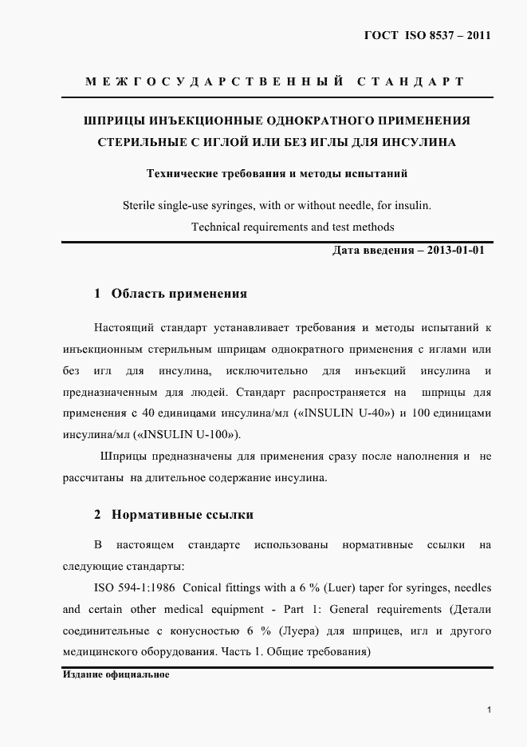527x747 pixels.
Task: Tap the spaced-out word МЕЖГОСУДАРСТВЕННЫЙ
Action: point(214,81)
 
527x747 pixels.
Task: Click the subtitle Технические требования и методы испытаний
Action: point(276,172)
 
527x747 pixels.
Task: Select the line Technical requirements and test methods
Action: point(293,227)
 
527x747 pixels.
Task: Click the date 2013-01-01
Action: point(455,250)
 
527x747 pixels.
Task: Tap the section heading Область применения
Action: point(179,294)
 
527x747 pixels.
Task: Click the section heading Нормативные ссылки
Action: point(183,515)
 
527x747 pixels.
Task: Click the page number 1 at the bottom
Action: point(488,709)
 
